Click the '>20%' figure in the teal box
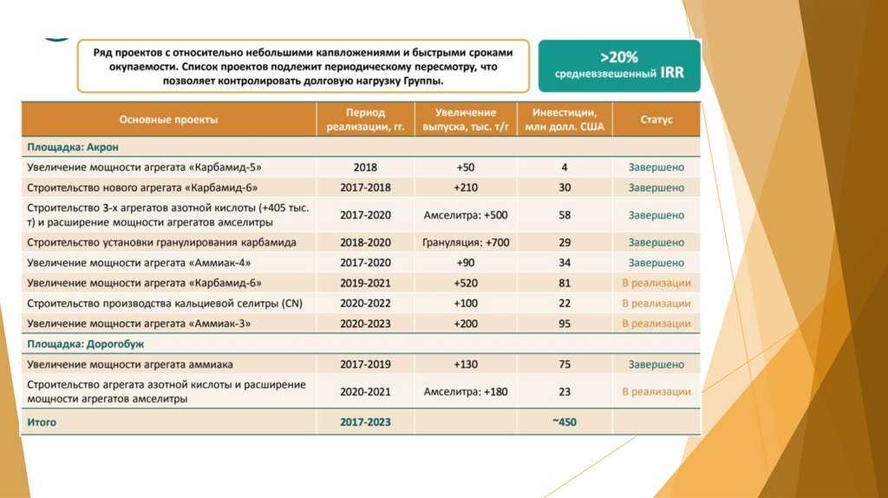click(619, 57)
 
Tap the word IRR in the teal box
click(670, 74)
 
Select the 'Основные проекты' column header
click(168, 120)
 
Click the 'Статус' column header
click(656, 120)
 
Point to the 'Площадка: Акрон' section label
click(69, 148)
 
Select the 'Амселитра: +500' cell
click(466, 215)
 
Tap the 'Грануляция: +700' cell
click(466, 243)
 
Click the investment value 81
click(565, 283)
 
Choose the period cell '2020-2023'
click(365, 324)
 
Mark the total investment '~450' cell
click(565, 423)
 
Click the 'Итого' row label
click(42, 423)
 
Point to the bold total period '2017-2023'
click(365, 423)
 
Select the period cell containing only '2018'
click(365, 167)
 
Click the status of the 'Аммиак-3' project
click(656, 324)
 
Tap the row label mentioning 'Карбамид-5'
click(144, 167)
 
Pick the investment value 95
click(565, 324)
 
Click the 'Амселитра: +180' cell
click(466, 392)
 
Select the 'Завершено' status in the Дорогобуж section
click(656, 365)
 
